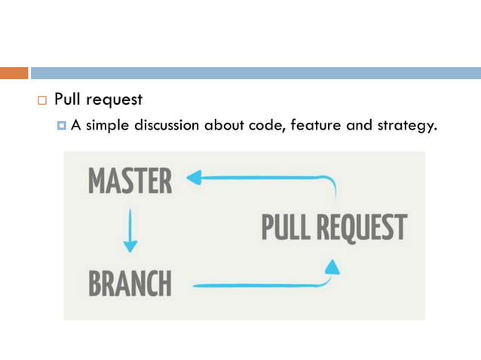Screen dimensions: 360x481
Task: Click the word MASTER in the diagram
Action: coord(130,181)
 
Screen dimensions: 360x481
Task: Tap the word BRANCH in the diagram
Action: coord(130,284)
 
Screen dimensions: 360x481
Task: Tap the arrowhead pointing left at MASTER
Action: coord(193,178)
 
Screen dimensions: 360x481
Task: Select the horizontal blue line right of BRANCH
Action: coord(256,285)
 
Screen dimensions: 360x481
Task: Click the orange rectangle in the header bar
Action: coord(14,73)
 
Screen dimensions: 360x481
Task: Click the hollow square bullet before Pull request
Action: coord(41,100)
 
